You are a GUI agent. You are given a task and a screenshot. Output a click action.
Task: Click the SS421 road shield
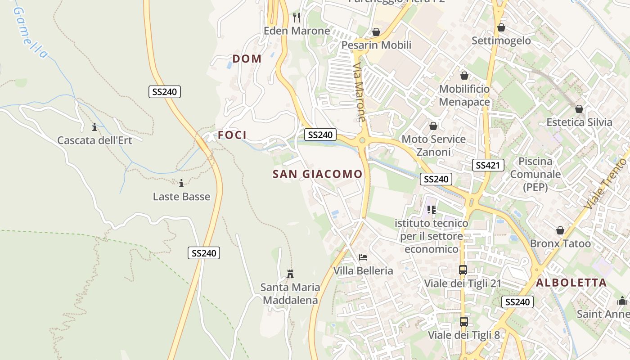488,165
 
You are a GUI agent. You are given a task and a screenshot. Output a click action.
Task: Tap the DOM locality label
247,58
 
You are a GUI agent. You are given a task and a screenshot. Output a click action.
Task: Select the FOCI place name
232,135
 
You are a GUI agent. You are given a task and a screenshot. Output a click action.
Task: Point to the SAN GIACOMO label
317,174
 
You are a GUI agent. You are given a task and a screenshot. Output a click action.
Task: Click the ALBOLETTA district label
571,283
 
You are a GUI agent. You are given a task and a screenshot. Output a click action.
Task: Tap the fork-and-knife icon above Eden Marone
296,18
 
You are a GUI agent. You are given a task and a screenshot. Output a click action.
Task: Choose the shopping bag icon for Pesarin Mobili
376,32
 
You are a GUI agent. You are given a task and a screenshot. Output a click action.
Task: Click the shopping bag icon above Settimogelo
501,27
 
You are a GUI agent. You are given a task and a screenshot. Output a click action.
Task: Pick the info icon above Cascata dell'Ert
94,127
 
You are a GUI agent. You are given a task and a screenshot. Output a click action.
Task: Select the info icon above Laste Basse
181,183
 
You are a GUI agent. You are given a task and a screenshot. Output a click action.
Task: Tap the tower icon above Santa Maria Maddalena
290,274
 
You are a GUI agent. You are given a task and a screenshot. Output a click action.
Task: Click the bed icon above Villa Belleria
363,257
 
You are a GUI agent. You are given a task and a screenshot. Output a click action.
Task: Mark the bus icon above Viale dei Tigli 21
463,270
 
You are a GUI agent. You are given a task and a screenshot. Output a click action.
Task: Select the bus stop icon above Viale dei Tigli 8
463,322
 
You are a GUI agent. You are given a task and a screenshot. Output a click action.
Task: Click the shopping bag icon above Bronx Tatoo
560,230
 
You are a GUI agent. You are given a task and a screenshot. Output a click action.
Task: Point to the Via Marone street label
360,92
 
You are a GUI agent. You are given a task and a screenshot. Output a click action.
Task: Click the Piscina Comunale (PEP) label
535,174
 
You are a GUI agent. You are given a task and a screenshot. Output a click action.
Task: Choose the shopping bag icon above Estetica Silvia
579,109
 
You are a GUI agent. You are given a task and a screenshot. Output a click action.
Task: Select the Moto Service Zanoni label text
433,145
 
